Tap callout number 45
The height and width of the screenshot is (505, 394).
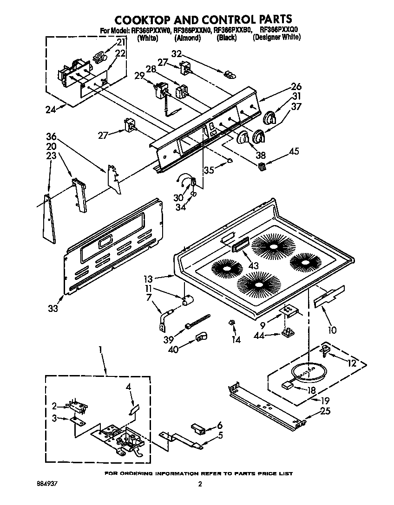pyautogui.click(x=294, y=151)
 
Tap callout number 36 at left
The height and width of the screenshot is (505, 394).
pyautogui.click(x=51, y=136)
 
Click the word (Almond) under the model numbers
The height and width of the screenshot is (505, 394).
pyautogui.click(x=187, y=38)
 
